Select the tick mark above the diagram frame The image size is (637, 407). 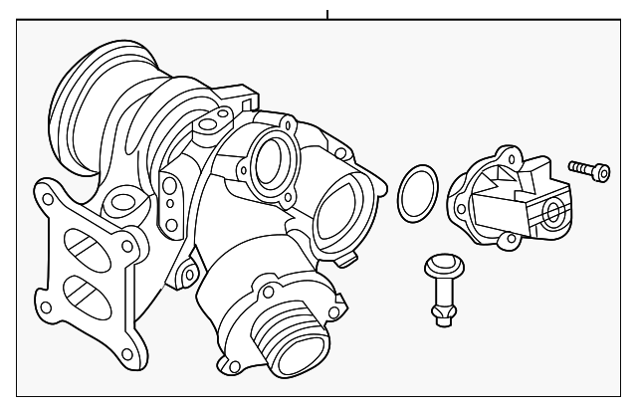tap(326, 15)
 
